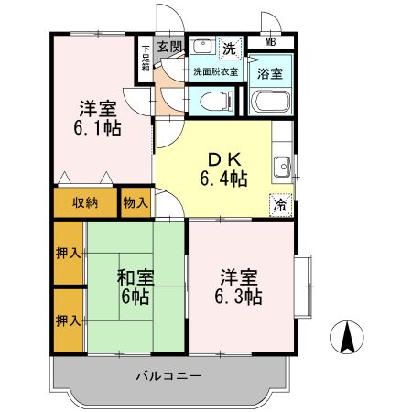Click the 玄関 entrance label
point(168,46)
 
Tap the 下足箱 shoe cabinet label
point(145,58)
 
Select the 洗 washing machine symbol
point(229,46)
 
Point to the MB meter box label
point(271,42)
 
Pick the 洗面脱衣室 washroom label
point(214,70)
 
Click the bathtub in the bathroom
point(270,102)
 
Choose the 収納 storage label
point(84,202)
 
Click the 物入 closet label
point(136,202)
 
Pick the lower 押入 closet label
point(69,320)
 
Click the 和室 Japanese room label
point(135,277)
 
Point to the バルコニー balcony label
point(168,375)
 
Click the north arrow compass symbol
point(347,340)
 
